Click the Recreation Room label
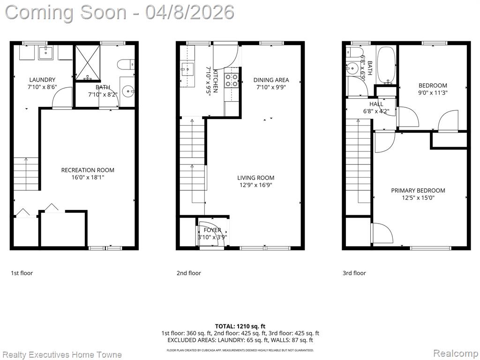point(88,170)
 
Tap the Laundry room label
point(42,80)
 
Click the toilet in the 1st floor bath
point(126,65)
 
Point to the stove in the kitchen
point(232,80)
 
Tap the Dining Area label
point(271,80)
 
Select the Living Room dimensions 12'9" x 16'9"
point(255,185)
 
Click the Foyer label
point(212,230)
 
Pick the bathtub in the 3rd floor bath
point(386,65)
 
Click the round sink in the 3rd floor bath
point(353,68)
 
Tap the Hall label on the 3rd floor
point(376,104)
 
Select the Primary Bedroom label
point(418,190)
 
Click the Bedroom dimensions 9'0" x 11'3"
point(433,93)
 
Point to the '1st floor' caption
point(22,273)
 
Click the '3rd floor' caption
point(354,273)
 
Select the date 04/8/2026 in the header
point(190,13)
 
